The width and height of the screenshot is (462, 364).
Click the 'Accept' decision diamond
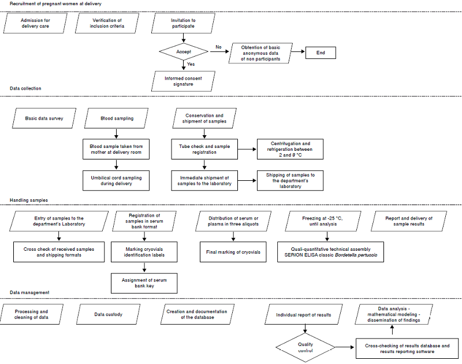(184, 53)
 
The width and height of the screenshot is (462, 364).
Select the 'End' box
(321, 53)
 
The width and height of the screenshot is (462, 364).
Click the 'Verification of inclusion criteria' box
(107, 24)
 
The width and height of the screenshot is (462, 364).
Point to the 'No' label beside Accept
(218, 47)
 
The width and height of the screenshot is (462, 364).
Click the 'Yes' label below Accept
(191, 64)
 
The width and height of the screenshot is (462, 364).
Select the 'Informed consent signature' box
(183, 81)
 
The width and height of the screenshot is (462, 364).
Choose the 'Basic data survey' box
(44, 118)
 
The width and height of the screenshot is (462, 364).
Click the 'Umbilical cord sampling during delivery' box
(116, 180)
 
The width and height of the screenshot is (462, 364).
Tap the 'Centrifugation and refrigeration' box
(290, 149)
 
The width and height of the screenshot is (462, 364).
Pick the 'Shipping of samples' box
(290, 180)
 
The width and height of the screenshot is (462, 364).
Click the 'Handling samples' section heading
(29, 200)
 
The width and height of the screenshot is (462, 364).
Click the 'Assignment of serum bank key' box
(144, 283)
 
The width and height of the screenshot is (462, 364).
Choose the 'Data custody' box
(109, 314)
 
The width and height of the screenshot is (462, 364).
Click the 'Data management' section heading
(29, 293)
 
